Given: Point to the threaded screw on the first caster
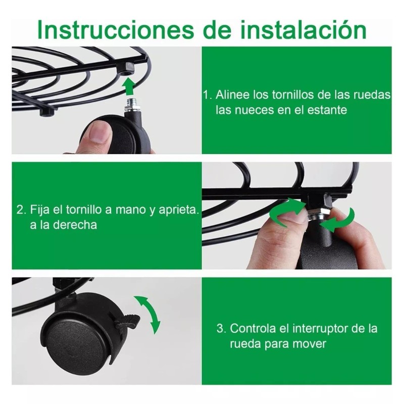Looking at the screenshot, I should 130,106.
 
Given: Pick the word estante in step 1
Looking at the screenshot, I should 328,110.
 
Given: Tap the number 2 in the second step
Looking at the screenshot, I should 20,209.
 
